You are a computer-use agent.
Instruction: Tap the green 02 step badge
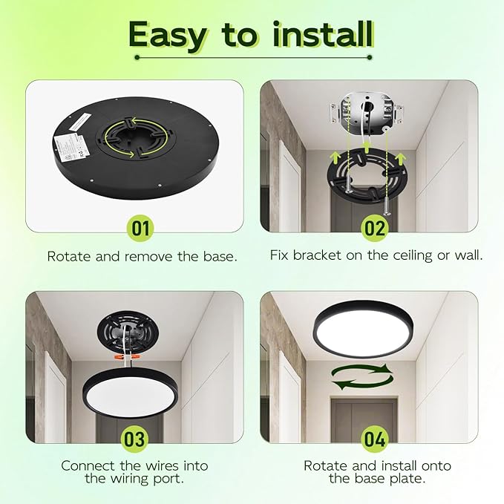point(375,228)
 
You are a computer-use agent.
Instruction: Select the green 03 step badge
point(134,439)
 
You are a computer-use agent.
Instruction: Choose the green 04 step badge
point(375,439)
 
